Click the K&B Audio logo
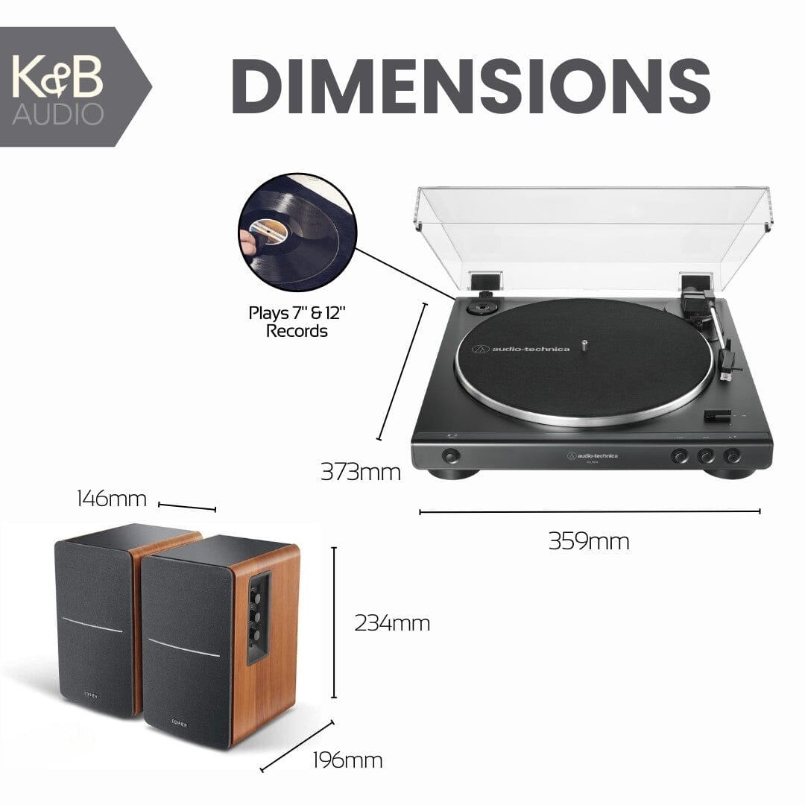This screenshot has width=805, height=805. click(x=57, y=86)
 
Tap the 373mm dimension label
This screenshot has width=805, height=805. click(x=360, y=472)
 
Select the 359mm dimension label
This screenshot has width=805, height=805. click(x=589, y=540)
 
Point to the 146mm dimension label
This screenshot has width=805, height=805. click(x=112, y=498)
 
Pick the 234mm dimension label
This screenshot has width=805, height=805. click(x=392, y=622)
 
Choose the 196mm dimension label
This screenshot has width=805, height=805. click(x=347, y=760)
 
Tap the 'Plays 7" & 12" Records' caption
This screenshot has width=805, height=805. click(x=297, y=321)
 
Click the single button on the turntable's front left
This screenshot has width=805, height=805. click(x=450, y=455)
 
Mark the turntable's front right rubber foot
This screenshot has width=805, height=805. click(x=728, y=472)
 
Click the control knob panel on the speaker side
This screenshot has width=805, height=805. click(x=259, y=618)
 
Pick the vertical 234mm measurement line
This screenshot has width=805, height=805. click(x=334, y=622)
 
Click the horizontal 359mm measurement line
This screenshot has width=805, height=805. click(x=589, y=512)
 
